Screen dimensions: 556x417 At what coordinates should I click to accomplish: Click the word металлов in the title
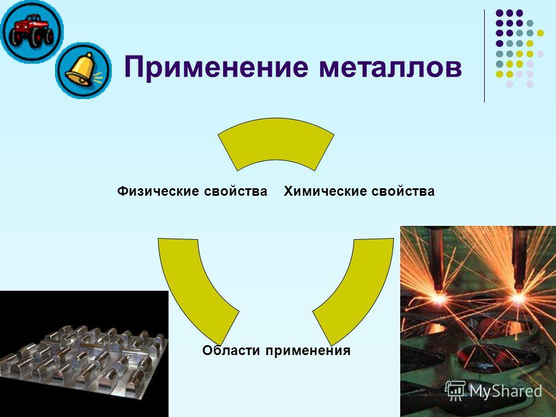390,67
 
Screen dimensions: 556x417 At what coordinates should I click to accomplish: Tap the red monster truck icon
31,31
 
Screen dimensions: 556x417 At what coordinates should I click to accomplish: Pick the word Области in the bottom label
231,350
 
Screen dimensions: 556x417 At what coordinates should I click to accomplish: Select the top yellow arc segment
276,142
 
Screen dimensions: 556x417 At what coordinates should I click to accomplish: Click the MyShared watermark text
506,391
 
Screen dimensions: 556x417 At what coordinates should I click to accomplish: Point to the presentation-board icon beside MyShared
455,391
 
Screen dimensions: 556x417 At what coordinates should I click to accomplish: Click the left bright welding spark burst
439,299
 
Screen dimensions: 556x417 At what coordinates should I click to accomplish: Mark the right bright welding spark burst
518,297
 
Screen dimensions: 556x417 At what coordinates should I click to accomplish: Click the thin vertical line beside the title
484,56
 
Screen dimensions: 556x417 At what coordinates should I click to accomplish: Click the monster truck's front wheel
37,36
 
